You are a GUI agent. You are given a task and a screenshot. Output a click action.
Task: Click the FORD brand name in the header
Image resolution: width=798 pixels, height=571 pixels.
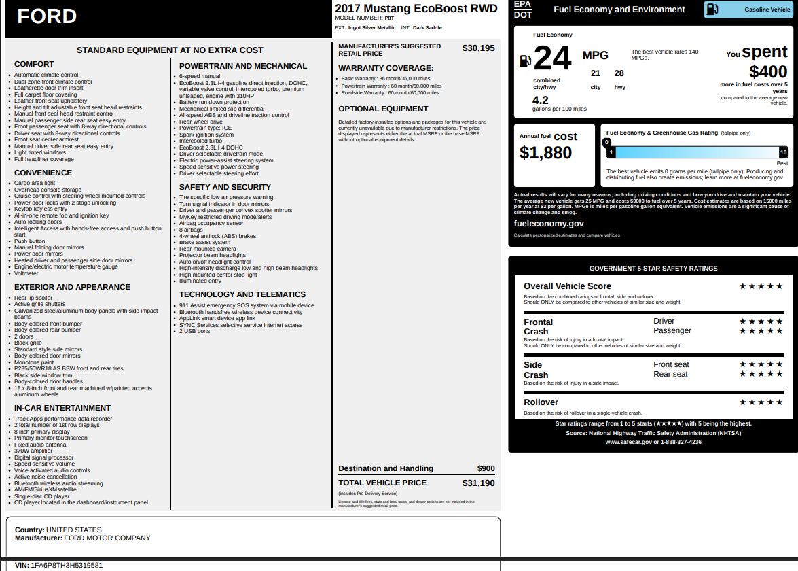point(47,16)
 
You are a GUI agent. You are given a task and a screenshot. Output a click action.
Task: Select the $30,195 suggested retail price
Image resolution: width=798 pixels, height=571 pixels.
point(478,48)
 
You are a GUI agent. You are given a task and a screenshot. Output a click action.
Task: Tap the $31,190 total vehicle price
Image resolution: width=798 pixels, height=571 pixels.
point(478,483)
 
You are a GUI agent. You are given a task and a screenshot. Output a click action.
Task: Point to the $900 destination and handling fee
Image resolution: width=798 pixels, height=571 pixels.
point(486,468)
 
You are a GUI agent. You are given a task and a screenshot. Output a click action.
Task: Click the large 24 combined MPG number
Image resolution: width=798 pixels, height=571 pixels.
point(552,58)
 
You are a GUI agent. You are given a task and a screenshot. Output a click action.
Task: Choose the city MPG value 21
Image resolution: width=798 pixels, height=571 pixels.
point(596,73)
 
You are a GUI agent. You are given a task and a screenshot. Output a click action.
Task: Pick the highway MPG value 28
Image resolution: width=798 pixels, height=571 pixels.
point(619,73)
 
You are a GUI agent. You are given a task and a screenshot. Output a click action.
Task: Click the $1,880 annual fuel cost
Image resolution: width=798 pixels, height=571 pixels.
point(545,153)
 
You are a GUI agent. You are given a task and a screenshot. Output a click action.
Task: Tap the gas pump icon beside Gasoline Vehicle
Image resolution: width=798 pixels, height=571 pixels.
point(712,10)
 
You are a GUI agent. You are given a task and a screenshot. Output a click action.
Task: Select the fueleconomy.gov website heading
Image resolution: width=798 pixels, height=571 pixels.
point(549,224)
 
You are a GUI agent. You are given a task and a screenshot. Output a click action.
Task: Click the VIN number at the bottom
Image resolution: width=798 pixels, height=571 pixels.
point(67,565)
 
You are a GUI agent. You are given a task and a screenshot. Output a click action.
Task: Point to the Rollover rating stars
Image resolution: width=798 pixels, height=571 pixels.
point(761,402)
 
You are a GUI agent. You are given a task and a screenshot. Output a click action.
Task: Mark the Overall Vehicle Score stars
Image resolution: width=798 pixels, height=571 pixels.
point(761,286)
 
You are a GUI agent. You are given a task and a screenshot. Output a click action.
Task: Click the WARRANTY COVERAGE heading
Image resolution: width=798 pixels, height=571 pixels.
point(386,68)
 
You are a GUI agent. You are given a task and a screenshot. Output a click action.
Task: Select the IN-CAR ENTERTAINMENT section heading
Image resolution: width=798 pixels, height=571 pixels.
point(62,408)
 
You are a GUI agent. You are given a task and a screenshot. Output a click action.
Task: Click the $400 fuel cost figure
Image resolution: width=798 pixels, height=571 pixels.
point(768,71)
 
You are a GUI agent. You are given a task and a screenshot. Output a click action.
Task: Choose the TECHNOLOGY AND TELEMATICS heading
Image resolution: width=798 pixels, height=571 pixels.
point(242,294)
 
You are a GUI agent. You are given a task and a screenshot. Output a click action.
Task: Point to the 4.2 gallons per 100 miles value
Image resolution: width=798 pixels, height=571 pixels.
point(541,100)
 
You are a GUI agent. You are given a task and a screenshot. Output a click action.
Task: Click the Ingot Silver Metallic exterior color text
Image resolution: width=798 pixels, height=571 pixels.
point(372,28)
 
